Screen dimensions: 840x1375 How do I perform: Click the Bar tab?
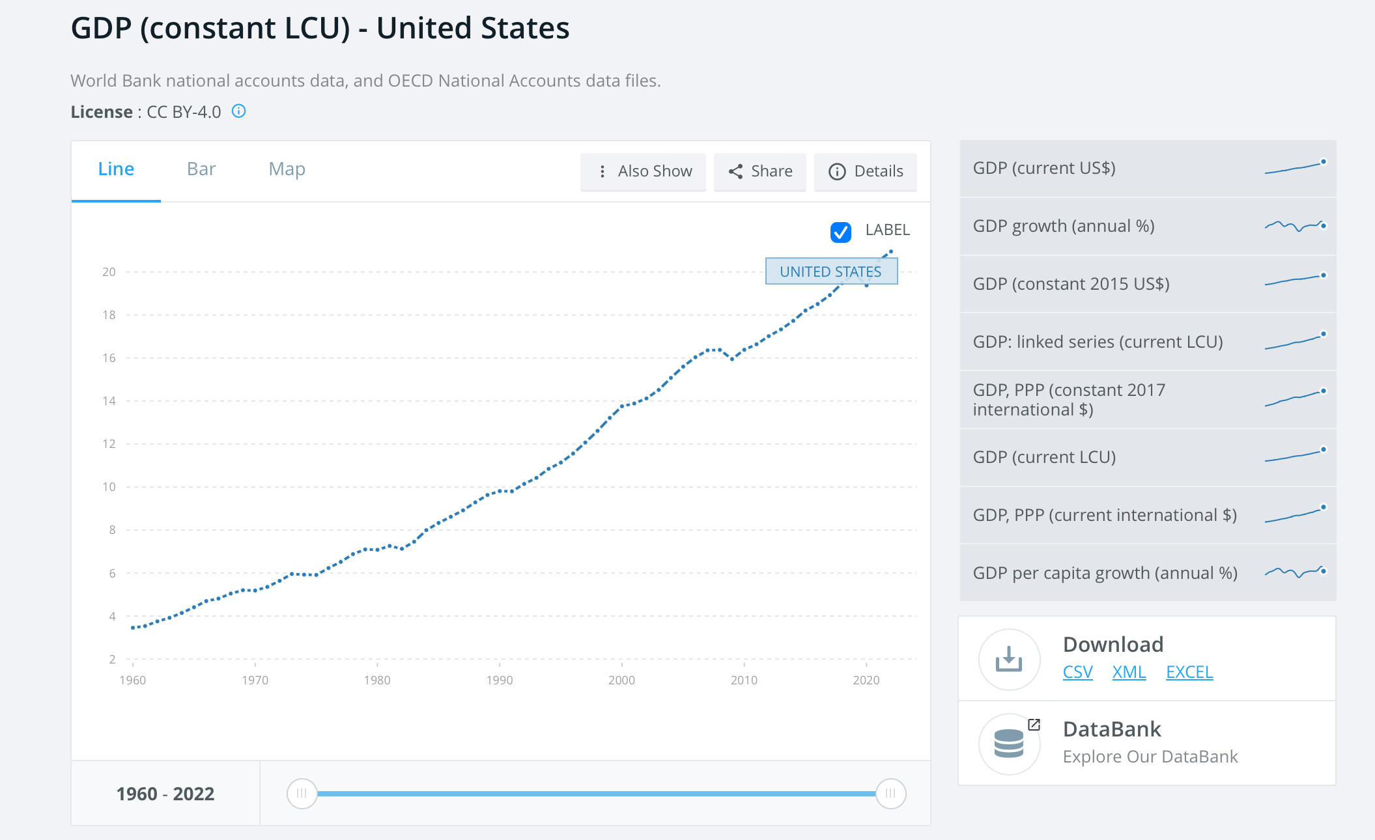tap(201, 169)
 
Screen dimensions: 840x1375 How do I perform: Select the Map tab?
tap(287, 169)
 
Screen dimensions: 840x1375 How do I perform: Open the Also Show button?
tap(643, 171)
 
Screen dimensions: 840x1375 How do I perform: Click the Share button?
tap(760, 171)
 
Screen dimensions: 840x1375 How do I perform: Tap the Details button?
tap(866, 171)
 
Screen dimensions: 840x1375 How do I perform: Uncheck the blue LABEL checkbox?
tap(840, 232)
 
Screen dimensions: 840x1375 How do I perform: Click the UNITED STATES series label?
tap(831, 272)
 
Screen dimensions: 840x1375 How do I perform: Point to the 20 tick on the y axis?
tap(109, 272)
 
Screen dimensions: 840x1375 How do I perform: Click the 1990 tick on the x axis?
tap(500, 680)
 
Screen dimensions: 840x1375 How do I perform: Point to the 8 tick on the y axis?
tap(112, 530)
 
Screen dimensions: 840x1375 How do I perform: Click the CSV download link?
tap(1077, 672)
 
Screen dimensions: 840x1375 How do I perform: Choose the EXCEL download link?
tap(1189, 672)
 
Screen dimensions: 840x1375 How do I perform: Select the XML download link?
tap(1129, 672)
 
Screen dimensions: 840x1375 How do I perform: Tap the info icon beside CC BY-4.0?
tap(239, 111)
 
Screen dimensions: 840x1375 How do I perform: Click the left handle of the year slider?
tap(302, 794)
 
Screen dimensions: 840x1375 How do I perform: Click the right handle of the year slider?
tap(890, 794)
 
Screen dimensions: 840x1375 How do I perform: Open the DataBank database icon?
tap(1009, 744)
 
